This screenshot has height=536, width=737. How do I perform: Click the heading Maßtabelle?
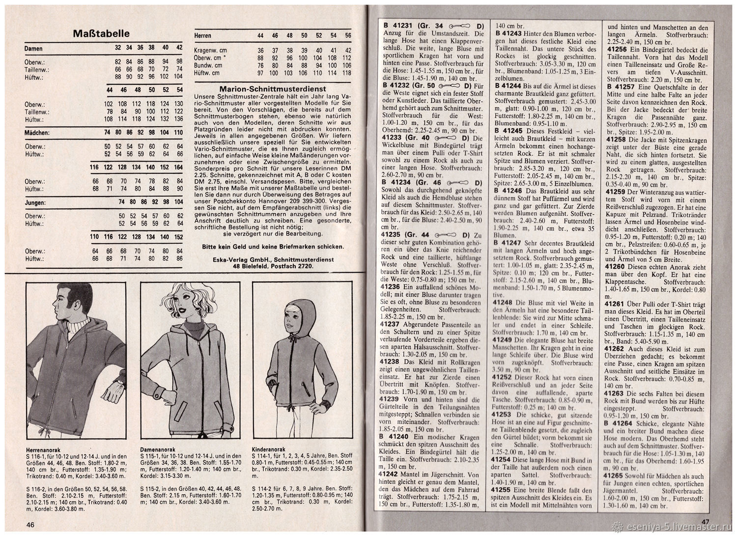101,33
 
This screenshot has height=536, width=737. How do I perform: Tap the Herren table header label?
203,36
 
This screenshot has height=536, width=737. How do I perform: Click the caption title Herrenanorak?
42,449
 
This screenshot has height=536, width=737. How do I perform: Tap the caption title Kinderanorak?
265,449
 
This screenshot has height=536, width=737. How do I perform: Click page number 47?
706,522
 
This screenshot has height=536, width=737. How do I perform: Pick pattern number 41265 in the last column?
616,476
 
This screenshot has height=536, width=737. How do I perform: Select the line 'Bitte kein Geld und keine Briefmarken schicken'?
273,246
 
